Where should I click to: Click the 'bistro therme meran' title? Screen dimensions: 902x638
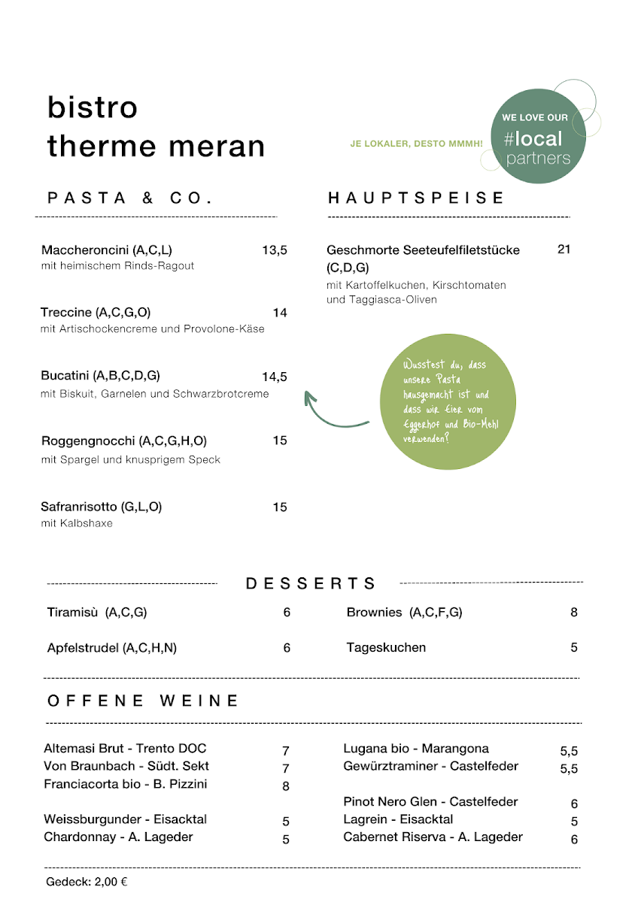pos(156,126)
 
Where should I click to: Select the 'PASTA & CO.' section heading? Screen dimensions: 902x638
pos(130,198)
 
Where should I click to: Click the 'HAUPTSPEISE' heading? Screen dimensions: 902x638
pos(416,198)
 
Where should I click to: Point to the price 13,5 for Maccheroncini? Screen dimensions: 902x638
pos(275,250)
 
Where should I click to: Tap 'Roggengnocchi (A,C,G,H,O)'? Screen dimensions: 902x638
pos(123,440)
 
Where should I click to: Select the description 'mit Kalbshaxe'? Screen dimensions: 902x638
pos(77,523)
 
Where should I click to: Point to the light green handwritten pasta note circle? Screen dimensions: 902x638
pos(450,404)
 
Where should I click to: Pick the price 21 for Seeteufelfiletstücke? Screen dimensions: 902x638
pos(564,250)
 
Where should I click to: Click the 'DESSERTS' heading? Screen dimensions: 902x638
pos(311,583)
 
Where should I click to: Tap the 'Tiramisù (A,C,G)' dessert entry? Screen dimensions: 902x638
pos(97,613)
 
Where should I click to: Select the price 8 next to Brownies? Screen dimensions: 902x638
pos(574,613)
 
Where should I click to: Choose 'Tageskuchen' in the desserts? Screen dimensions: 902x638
pos(386,647)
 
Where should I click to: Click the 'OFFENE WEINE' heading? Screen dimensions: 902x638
pos(143,701)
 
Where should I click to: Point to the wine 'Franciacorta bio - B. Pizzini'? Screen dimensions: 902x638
pos(126,784)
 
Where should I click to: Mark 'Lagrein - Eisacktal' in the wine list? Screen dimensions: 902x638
pos(398,819)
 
